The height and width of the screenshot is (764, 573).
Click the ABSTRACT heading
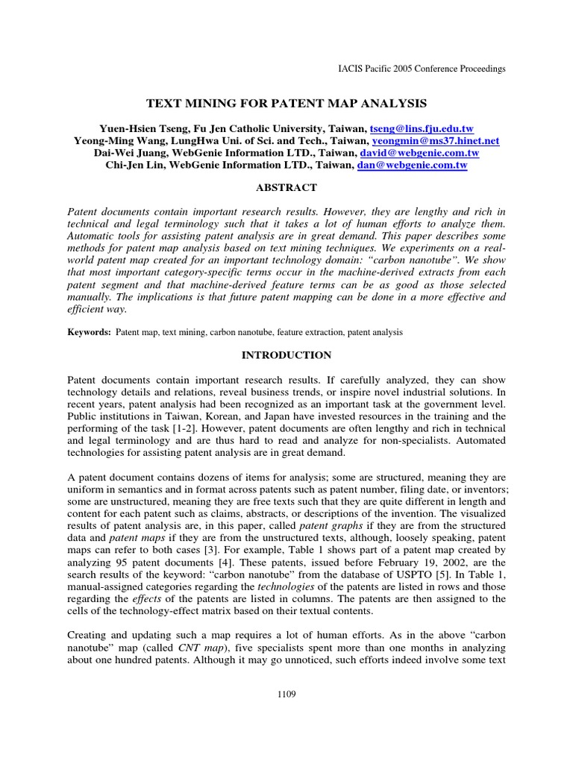pos(286,188)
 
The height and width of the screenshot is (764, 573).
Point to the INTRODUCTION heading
pos(286,355)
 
